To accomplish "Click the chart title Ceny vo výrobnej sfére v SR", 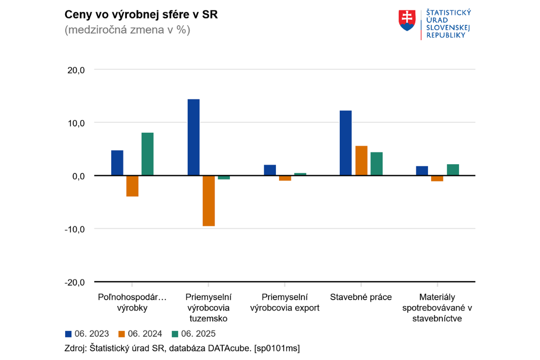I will click(141, 14).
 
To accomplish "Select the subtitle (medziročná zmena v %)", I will click(127, 31).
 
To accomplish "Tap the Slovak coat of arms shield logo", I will click(407, 21).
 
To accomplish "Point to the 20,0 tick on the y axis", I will click(76, 70).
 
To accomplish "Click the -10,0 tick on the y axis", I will click(74, 229).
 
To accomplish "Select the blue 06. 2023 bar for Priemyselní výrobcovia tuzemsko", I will click(193, 137).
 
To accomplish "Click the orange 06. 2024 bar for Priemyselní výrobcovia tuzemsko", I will click(209, 201).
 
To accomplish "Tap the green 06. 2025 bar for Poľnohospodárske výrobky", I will click(147, 154).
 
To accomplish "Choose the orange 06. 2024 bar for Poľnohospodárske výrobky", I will click(132, 186).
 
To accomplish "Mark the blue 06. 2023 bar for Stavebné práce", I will click(346, 143).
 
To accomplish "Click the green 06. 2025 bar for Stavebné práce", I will click(376, 164).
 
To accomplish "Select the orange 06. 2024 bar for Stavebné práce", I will click(361, 161).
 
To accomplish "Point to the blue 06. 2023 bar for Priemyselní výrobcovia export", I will click(270, 170).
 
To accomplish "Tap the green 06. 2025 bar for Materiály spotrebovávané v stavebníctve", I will click(453, 170).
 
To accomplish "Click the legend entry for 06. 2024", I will click(140, 334).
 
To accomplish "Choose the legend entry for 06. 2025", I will click(194, 334).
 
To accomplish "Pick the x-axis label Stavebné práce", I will click(361, 297).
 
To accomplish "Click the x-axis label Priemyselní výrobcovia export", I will click(284, 302).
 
